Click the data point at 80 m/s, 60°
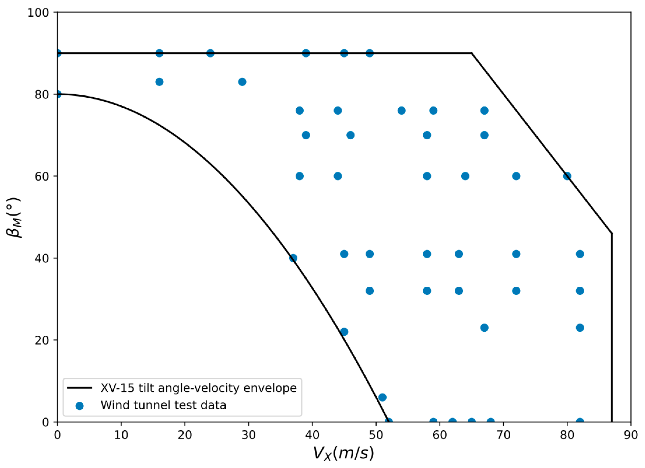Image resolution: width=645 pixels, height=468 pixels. pyautogui.click(x=567, y=176)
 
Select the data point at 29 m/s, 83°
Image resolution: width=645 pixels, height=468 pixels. pyautogui.click(x=242, y=82)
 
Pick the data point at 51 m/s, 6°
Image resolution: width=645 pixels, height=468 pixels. pyautogui.click(x=382, y=397)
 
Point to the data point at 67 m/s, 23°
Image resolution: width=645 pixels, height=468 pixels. pyautogui.click(x=484, y=328)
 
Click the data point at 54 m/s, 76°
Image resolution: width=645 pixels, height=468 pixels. pyautogui.click(x=402, y=110)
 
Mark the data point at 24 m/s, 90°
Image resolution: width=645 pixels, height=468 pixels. pyautogui.click(x=210, y=53)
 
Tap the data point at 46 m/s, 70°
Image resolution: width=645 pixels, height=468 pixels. pyautogui.click(x=351, y=135)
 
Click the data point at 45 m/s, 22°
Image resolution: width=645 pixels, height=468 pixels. pyautogui.click(x=344, y=332)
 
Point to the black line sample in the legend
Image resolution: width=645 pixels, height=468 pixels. pyautogui.click(x=80, y=388)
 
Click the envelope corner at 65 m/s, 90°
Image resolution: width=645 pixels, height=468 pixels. pyautogui.click(x=472, y=53)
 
